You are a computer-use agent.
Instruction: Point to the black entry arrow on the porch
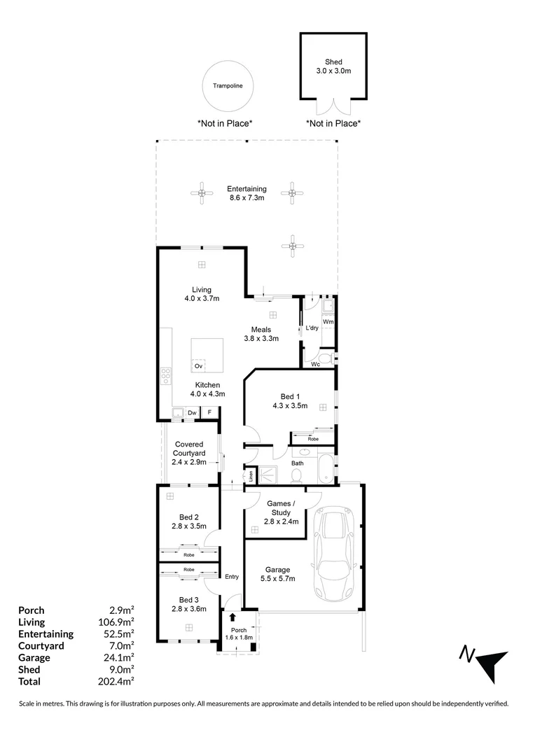click(x=232, y=617)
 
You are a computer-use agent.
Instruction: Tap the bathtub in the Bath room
click(x=326, y=468)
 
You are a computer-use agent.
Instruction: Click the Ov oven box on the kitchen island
click(x=198, y=366)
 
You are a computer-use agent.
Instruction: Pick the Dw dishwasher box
click(x=193, y=413)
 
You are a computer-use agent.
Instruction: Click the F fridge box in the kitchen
click(x=209, y=413)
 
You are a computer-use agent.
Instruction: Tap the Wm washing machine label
click(x=328, y=321)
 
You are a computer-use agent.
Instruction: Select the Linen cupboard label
click(x=251, y=476)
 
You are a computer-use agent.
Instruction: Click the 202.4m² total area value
click(x=116, y=681)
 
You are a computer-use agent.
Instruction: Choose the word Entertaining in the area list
click(x=46, y=634)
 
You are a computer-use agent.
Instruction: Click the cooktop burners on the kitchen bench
click(x=165, y=376)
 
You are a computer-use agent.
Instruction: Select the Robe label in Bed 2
click(x=188, y=555)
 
